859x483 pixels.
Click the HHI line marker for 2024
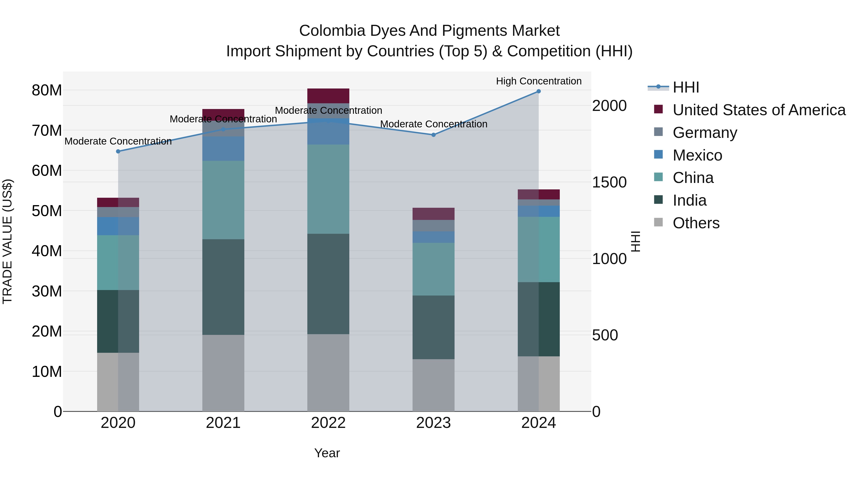pos(539,91)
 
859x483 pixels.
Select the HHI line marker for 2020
pos(118,151)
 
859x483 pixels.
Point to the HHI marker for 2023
pos(434,135)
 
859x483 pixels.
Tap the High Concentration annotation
pos(539,81)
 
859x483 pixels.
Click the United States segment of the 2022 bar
pos(328,96)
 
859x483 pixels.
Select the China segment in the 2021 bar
pos(223,200)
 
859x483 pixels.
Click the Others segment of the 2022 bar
pos(328,372)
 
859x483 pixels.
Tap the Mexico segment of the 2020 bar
pos(118,226)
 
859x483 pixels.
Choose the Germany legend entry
pos(705,133)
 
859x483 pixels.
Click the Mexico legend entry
pos(697,155)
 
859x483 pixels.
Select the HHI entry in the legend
pos(686,87)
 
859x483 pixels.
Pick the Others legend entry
pos(696,223)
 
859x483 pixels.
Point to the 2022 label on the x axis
pos(328,423)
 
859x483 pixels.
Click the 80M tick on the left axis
pos(47,90)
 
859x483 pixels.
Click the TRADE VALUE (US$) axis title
pos(7,241)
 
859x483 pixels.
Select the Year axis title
pos(327,453)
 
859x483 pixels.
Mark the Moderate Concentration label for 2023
pos(434,124)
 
